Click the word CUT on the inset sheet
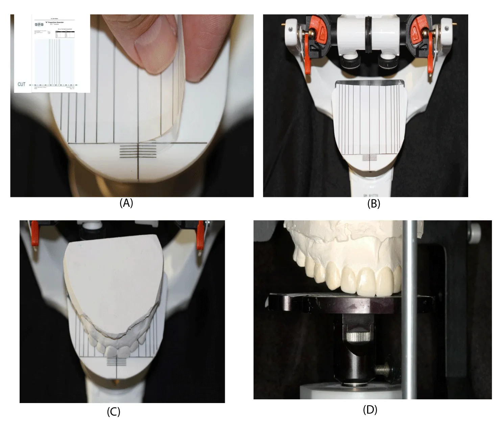coord(22,84)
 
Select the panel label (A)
coord(126,203)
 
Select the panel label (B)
coord(374,204)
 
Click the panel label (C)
coord(113,412)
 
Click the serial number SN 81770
coord(371,195)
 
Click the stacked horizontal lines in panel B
coord(370,158)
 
